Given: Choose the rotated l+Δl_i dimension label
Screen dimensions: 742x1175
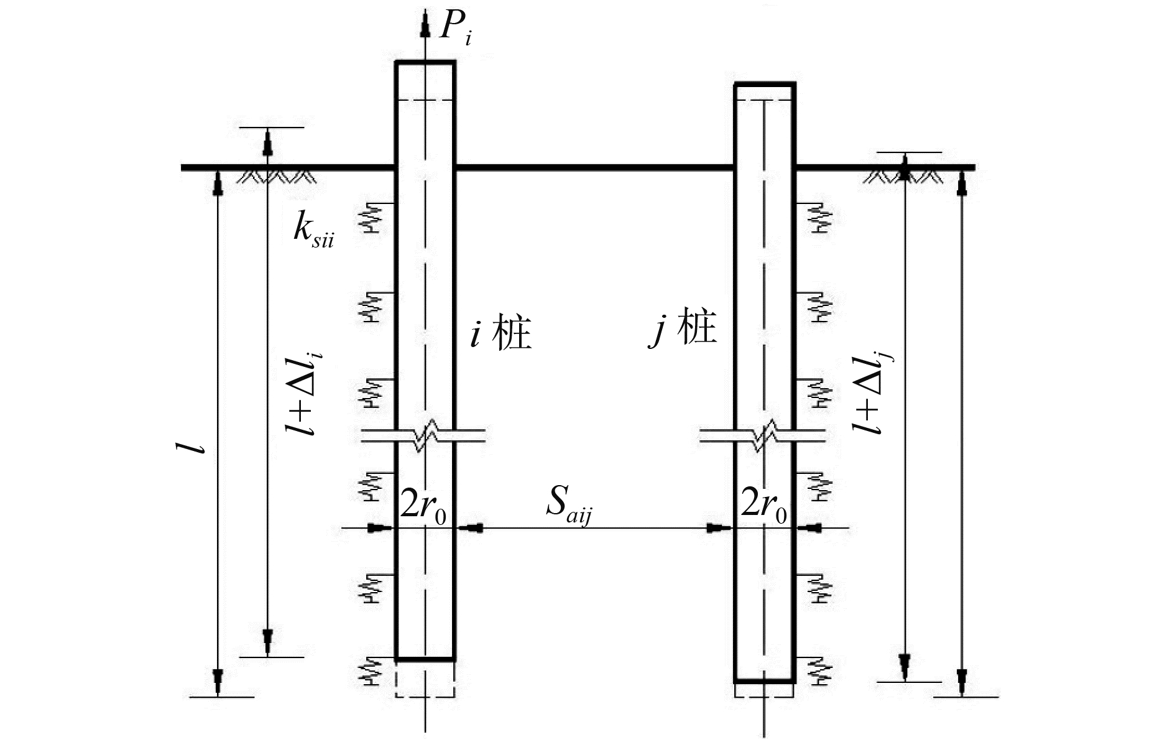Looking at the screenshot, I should [308, 392].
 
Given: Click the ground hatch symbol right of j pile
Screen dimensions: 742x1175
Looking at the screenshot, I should [903, 177].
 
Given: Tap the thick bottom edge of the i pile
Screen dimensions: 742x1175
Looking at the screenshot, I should [425, 658].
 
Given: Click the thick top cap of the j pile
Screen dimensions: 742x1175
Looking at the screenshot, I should [765, 83].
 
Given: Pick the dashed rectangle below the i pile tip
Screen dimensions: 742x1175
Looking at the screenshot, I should [425, 679].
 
